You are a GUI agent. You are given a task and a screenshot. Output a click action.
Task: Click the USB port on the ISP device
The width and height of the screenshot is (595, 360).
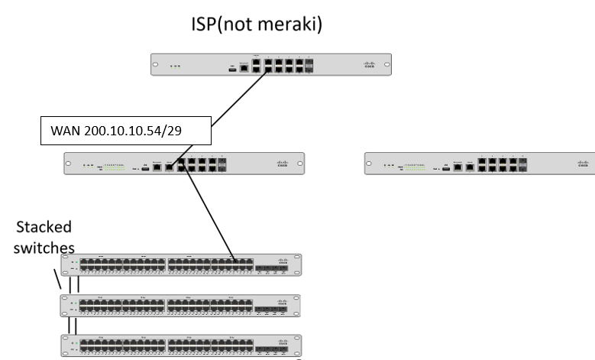pos(231,68)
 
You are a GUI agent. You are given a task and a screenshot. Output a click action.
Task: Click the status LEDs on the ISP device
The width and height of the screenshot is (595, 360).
pos(176,66)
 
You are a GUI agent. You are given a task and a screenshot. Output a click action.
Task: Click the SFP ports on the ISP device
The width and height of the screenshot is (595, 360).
pos(309,66)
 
